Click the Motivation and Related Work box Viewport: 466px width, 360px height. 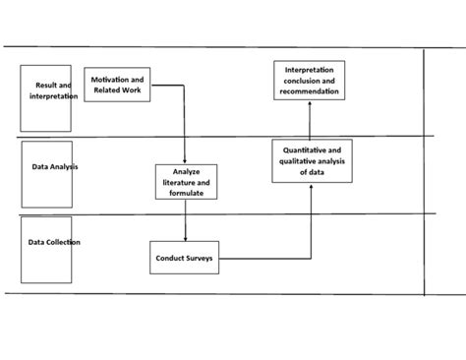118,85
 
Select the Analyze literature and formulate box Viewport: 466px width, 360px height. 185,183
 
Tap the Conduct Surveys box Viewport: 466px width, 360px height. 184,258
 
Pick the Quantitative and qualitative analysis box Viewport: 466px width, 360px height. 311,160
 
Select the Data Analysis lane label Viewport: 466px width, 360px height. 54,167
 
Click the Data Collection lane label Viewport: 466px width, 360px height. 54,242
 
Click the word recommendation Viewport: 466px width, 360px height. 311,91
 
